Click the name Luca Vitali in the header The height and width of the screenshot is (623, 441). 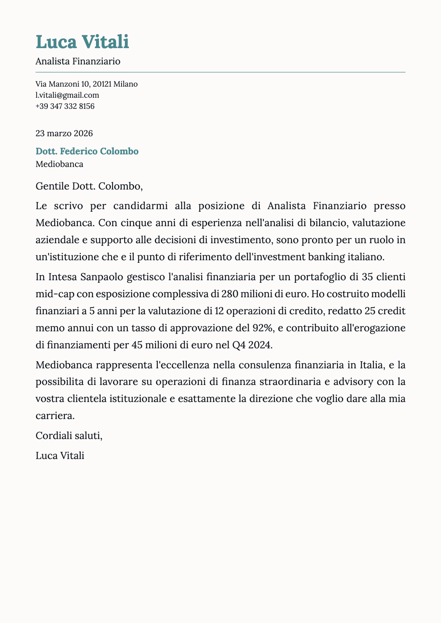tap(82, 41)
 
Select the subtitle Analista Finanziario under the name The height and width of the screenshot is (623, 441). tap(78, 61)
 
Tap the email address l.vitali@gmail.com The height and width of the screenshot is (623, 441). tap(67, 95)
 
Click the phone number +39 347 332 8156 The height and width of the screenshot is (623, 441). tap(65, 106)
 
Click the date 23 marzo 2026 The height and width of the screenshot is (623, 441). tap(64, 133)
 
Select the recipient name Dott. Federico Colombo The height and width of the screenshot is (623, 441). tap(87, 151)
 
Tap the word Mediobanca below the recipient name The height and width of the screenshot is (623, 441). tap(59, 164)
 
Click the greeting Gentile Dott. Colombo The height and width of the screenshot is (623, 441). tap(89, 186)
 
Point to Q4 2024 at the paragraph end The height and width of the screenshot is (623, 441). tap(252, 345)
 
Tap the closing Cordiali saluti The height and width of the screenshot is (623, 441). tap(69, 436)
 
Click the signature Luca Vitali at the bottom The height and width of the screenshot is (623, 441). tap(60, 456)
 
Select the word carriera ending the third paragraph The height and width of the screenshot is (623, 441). tap(55, 416)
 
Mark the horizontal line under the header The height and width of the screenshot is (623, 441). tap(220, 72)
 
